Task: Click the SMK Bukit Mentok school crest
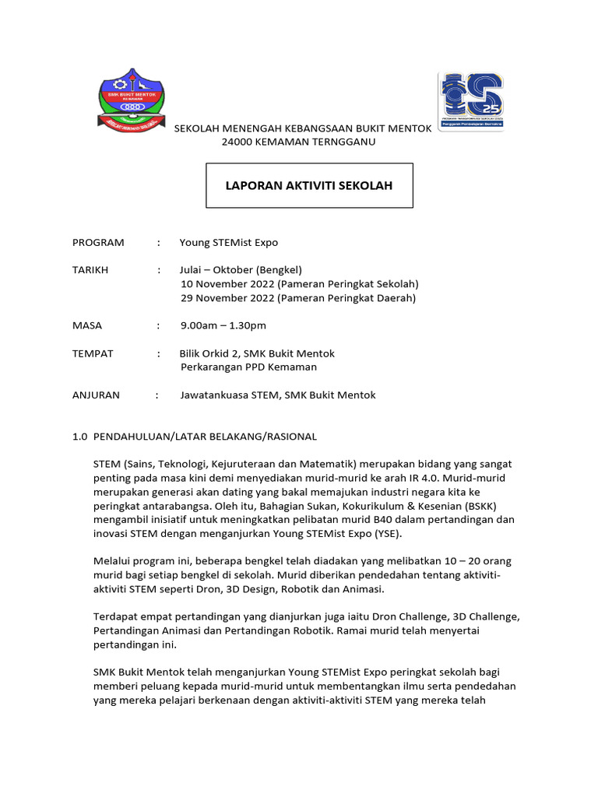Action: pos(131,101)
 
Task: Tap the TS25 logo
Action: pos(471,101)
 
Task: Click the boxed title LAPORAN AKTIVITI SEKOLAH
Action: pos(309,186)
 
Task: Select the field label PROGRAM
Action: pos(98,243)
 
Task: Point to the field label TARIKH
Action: pos(90,270)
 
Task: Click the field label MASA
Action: pos(87,325)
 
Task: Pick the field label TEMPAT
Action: pos(93,353)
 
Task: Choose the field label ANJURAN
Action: pos(96,395)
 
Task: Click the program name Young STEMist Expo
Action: pos(228,243)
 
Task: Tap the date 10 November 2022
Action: pos(227,284)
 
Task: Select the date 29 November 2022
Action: pos(227,298)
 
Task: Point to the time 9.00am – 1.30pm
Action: pos(223,325)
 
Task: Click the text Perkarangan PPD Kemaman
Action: pos(248,367)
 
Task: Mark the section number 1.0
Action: pos(79,437)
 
